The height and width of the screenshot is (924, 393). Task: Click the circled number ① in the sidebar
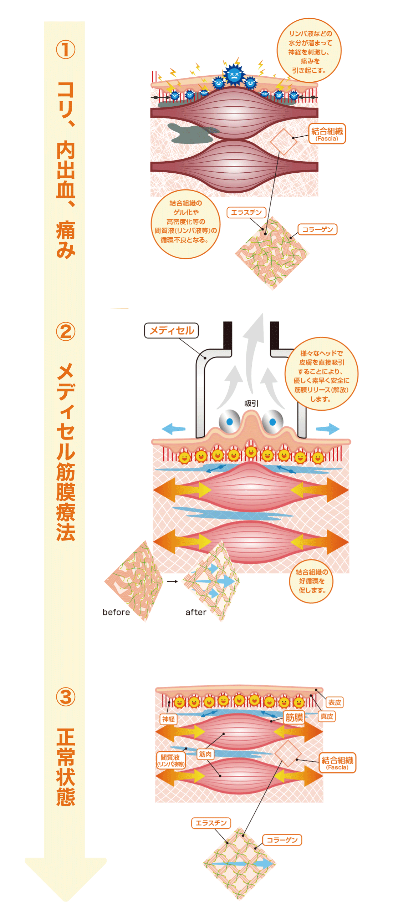coord(66,50)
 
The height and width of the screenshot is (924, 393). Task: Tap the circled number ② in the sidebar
coord(66,331)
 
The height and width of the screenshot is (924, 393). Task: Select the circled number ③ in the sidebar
coord(66,697)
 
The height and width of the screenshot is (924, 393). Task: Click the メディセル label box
coord(171,330)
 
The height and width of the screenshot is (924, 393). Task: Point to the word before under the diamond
coord(116,612)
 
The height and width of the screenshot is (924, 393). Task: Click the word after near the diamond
coord(196,612)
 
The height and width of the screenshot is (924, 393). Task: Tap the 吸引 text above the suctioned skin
coord(251,403)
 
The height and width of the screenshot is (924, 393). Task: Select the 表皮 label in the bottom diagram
coord(335,702)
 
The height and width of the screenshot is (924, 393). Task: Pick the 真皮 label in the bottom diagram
coord(327,716)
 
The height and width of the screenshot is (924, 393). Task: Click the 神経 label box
coord(168,719)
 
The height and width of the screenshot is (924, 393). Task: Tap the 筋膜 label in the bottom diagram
coord(294,717)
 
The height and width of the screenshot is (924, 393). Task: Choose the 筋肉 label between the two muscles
coord(205,754)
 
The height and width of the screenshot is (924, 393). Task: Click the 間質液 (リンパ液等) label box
coord(171,760)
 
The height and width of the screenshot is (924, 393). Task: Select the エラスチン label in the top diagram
coord(246,212)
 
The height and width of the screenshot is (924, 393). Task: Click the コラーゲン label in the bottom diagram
coord(282,840)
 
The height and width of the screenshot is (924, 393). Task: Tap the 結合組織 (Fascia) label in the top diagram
coord(327,134)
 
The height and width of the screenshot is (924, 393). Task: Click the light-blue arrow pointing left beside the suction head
coord(174,428)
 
